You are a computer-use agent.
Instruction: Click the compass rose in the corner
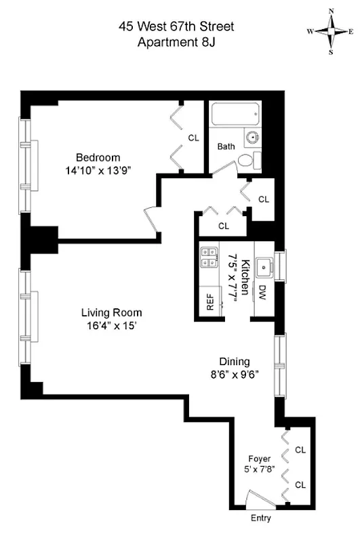[x=331, y=31]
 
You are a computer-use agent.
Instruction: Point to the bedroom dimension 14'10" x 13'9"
[x=94, y=171]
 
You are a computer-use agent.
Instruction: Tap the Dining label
[x=234, y=361]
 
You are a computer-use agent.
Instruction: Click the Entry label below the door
[x=260, y=519]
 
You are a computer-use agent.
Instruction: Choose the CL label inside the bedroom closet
[x=194, y=138]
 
